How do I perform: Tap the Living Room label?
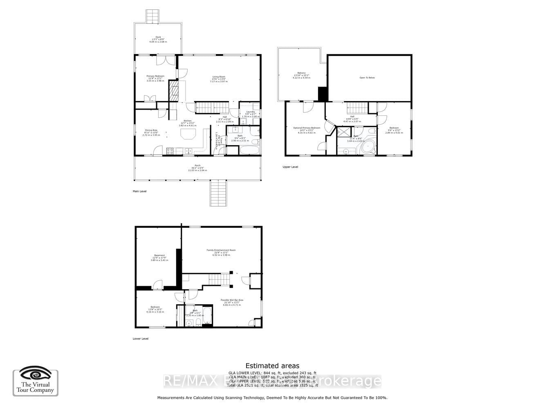point(218,77)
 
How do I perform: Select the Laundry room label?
point(250,112)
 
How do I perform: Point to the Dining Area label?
point(151,130)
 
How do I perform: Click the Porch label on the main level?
point(197,166)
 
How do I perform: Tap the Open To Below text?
point(367,78)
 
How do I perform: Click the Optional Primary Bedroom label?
point(307,128)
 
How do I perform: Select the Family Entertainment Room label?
point(221,250)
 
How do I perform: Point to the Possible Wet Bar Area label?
point(232,300)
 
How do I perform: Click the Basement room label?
point(159,256)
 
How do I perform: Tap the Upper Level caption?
point(290,167)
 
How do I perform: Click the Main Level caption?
point(139,191)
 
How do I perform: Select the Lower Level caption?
point(140,339)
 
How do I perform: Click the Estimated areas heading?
point(272,366)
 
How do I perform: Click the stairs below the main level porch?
point(218,193)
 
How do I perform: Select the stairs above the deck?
point(153,16)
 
